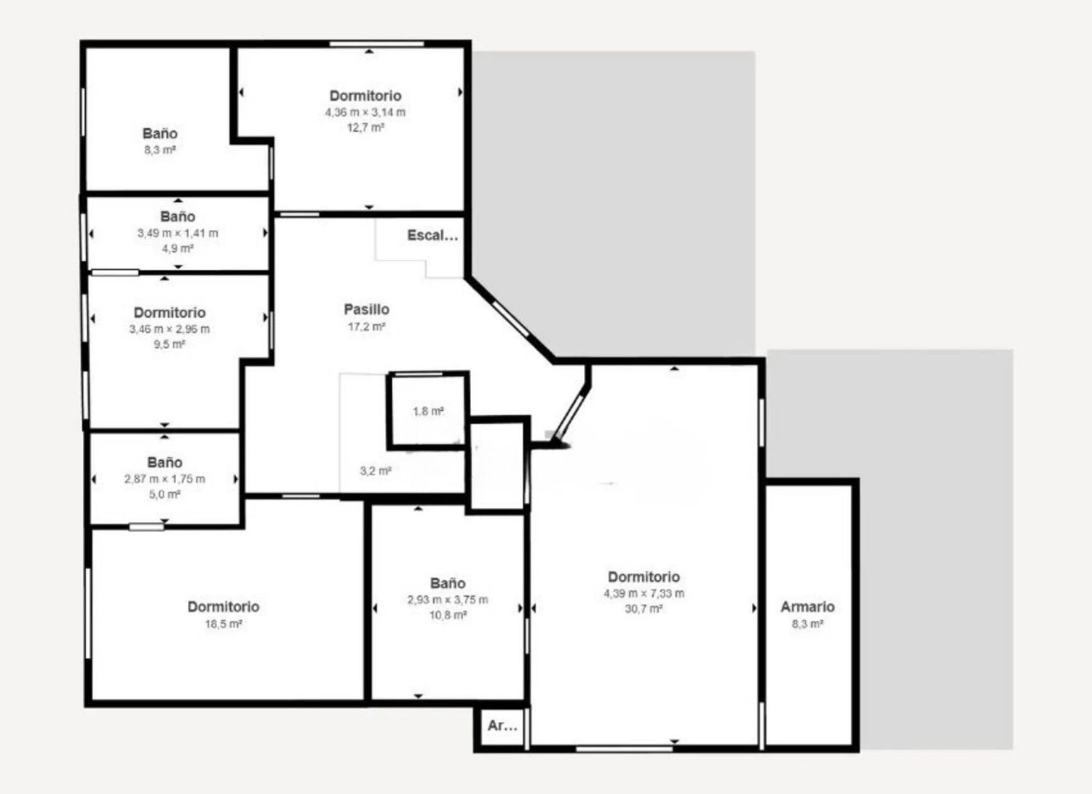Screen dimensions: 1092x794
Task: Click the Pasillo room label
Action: (x=367, y=309)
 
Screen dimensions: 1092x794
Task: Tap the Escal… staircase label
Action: (x=432, y=235)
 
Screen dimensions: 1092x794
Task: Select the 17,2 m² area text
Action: (x=367, y=327)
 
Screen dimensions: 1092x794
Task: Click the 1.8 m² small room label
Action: (x=428, y=411)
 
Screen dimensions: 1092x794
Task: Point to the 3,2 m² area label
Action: (x=376, y=471)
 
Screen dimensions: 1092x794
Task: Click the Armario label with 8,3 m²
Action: (x=808, y=607)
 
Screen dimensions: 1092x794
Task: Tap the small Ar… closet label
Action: (x=502, y=726)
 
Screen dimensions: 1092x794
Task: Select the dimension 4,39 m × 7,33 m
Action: (x=644, y=593)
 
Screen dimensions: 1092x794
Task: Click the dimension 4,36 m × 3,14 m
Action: (x=365, y=112)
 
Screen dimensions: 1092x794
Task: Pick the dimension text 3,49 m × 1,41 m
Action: (x=178, y=233)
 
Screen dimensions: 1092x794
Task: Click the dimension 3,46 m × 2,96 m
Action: (x=169, y=329)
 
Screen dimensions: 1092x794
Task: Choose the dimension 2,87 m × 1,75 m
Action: (x=165, y=479)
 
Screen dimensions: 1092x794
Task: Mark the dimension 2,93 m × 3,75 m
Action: (x=448, y=600)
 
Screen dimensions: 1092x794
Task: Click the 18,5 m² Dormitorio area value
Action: (x=223, y=624)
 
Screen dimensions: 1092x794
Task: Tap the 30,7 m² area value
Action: (x=644, y=609)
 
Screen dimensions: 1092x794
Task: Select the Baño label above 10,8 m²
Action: (x=448, y=583)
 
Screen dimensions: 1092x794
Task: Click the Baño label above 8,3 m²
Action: (x=160, y=134)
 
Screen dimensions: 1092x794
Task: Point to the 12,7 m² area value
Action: (x=365, y=127)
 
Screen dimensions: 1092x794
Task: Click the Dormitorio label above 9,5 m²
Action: (x=170, y=312)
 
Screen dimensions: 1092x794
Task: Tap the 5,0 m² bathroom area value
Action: (x=165, y=494)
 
